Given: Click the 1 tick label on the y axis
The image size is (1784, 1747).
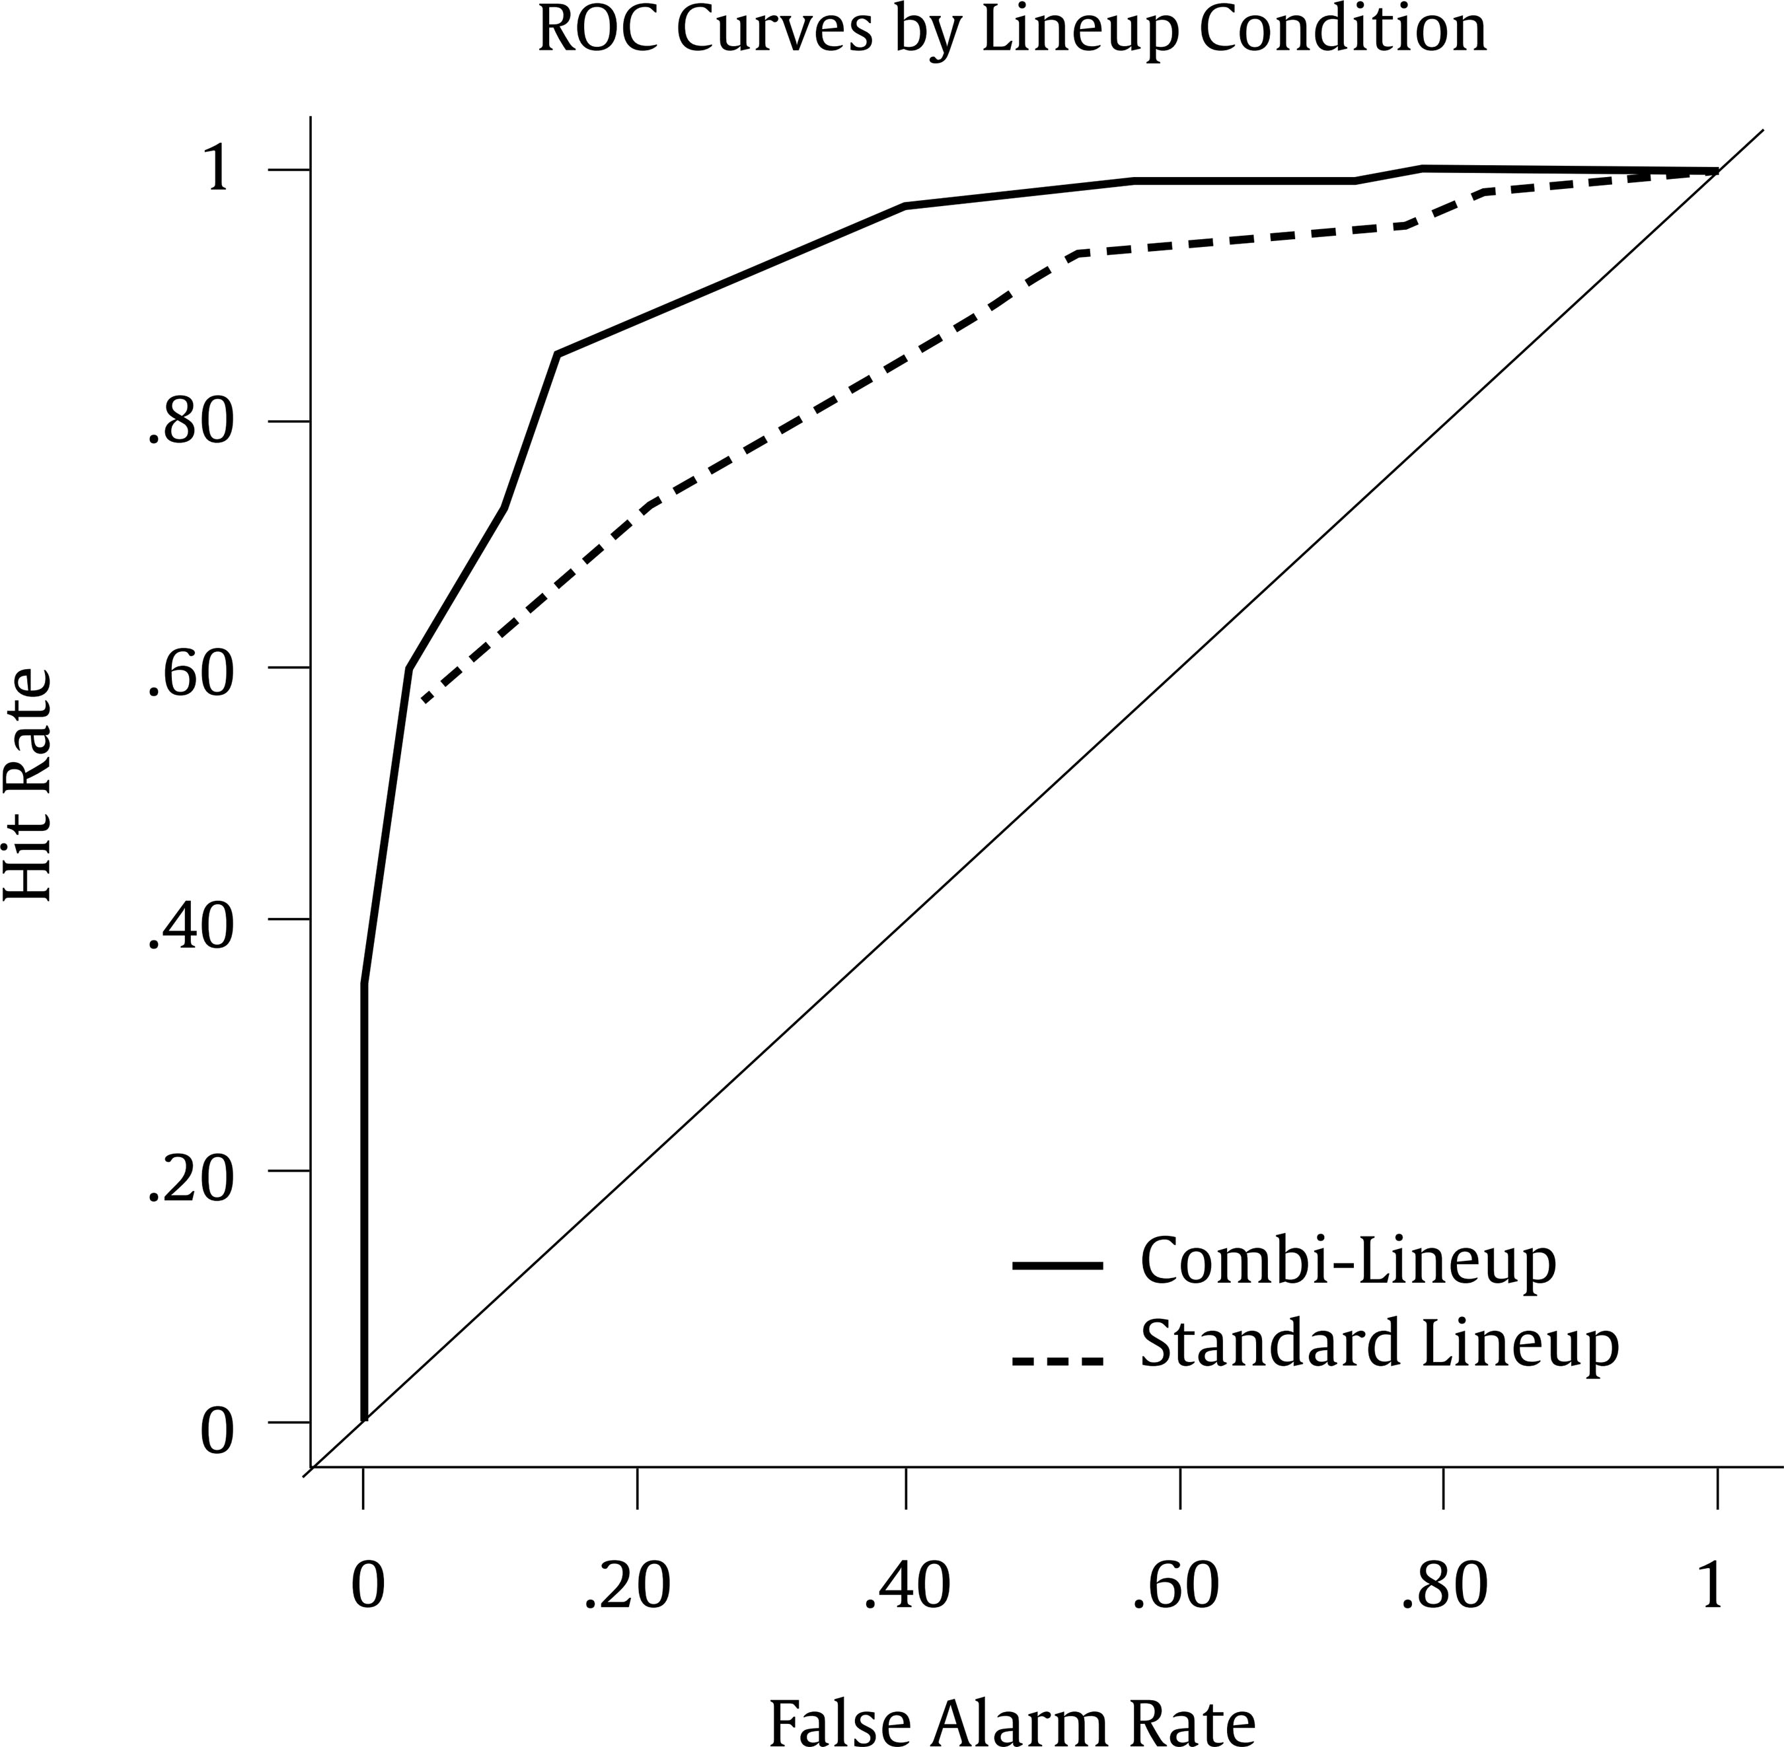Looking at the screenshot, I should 217,170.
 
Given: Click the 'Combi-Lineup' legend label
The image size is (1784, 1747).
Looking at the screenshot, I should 1347,1264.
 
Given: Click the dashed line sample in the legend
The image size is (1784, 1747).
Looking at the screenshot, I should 1057,1361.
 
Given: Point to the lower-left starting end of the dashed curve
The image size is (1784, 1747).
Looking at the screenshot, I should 424,701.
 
